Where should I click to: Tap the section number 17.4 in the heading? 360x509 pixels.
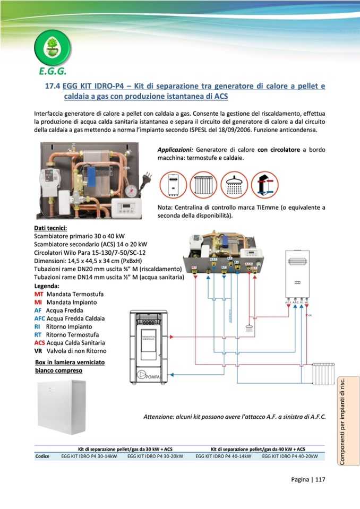click(x=52, y=86)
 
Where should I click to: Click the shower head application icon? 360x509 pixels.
click(x=234, y=185)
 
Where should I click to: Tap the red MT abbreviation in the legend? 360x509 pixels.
click(x=39, y=294)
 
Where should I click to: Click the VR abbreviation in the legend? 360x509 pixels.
click(x=38, y=351)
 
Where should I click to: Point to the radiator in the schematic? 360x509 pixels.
click(x=323, y=373)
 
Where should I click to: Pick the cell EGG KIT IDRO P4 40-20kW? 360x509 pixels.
click(x=290, y=456)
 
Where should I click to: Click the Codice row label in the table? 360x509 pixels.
click(x=42, y=456)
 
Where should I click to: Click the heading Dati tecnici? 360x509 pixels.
click(x=50, y=228)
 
